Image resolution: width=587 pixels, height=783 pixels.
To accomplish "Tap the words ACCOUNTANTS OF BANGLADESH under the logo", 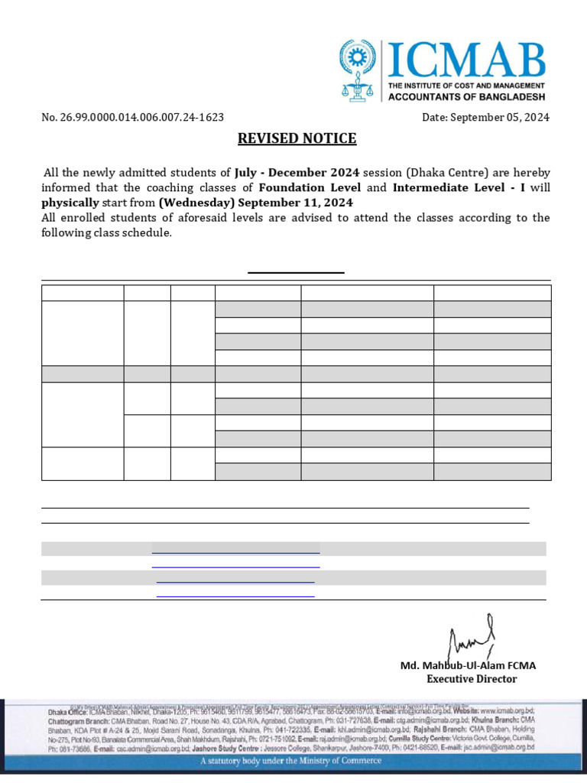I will pos(467,97).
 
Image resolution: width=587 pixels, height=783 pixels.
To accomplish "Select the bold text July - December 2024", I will pos(297,173).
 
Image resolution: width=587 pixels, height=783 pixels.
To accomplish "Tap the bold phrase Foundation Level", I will pos(310,187).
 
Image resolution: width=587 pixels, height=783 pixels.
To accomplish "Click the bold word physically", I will pos(70,203).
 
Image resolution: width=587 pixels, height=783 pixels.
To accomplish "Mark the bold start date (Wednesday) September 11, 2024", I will pos(255,203).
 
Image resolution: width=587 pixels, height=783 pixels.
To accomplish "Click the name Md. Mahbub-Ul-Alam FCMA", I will pos(469,665).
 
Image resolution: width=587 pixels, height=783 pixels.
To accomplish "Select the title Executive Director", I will pos(472,679).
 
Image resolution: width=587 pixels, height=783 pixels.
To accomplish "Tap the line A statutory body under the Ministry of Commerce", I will pos(290,761).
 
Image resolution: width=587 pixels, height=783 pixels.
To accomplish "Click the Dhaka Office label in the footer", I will pos(67,711).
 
